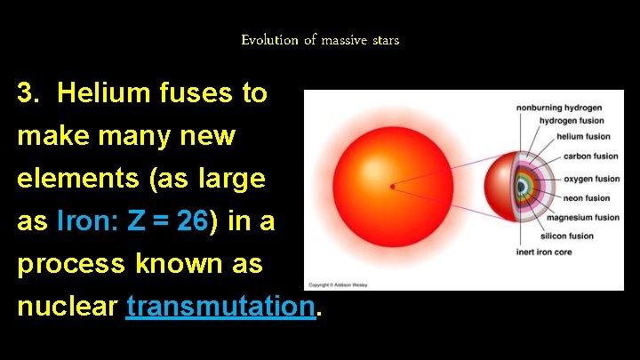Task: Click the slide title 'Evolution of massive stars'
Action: click(x=320, y=40)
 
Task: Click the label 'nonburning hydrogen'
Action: click(x=560, y=108)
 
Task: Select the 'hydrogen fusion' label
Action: click(x=572, y=121)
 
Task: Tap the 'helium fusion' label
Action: click(x=583, y=137)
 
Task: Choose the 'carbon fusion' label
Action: click(x=590, y=156)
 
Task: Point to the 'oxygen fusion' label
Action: click(x=591, y=179)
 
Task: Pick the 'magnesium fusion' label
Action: click(x=582, y=218)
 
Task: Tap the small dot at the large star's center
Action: click(x=392, y=187)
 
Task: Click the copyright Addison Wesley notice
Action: click(x=337, y=285)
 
